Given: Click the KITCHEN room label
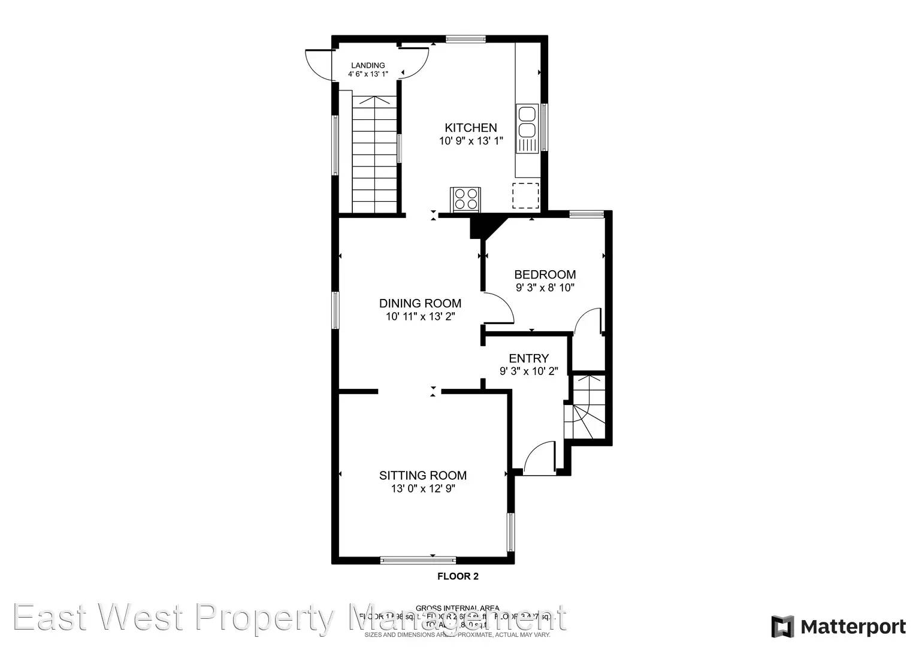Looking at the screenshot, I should (470, 128).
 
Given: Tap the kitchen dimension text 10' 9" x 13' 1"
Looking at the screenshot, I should (470, 141).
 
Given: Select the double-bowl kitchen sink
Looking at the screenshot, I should (527, 122).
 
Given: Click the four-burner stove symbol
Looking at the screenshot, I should (465, 199).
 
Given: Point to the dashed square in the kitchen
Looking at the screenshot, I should (525, 195).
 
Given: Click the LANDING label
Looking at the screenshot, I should (368, 65).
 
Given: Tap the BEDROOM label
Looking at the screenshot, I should (545, 274).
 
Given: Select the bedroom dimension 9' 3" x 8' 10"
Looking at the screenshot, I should (545, 288).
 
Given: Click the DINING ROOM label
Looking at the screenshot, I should (420, 303).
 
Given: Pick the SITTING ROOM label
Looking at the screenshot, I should (422, 475).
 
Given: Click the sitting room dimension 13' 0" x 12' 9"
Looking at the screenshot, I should (422, 489).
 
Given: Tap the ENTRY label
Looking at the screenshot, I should (528, 358).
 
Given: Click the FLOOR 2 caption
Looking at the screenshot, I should (458, 577).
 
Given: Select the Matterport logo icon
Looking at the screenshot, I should (782, 627).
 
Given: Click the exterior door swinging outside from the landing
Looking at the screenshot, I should (318, 65).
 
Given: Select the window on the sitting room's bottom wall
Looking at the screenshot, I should (418, 561).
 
